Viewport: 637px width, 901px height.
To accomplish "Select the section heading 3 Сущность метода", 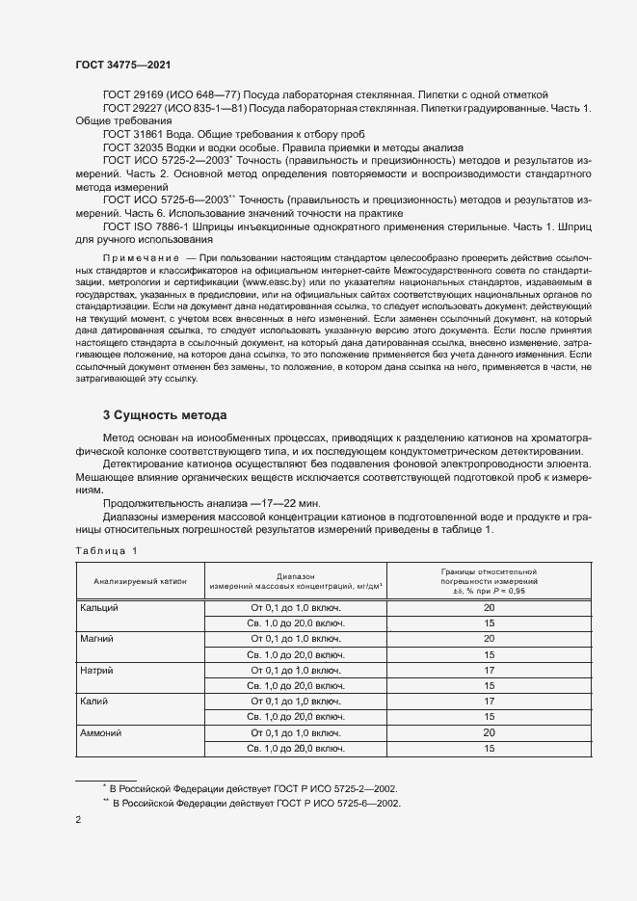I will tap(164, 415).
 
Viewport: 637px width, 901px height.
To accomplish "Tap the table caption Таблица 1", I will tap(107, 550).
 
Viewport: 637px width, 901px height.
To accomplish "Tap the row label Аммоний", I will tap(101, 732).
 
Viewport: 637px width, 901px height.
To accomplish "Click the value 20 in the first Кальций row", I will tap(489, 608).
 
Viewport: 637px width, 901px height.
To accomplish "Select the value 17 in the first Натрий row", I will tap(489, 670).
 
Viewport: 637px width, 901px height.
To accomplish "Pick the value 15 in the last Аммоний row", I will tap(489, 748).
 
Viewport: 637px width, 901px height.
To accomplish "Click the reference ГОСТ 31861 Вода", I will tap(148, 135).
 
